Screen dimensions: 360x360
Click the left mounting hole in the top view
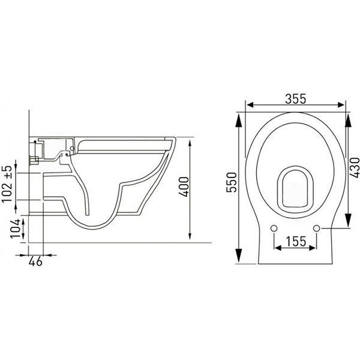[274, 229]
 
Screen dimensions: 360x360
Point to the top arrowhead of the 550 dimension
[239, 117]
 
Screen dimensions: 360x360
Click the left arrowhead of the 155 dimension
[277, 248]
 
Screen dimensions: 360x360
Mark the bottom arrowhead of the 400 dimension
[191, 237]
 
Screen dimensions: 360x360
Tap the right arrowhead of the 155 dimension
[315, 248]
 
